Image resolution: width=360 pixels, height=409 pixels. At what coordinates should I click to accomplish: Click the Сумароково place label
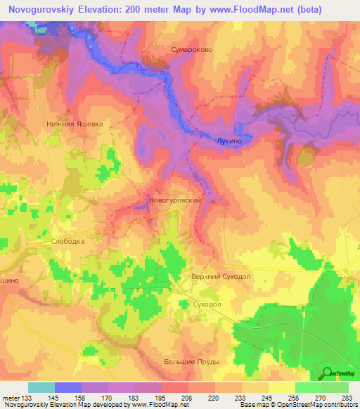(191, 51)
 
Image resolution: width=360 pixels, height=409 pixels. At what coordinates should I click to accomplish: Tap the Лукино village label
(230, 141)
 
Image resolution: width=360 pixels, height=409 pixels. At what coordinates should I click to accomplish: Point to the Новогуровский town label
(176, 200)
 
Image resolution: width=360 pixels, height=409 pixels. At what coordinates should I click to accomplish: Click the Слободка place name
(68, 241)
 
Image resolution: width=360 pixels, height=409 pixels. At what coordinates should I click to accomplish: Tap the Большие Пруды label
(193, 362)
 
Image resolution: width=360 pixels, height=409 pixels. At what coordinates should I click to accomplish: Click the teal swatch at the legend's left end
(41, 387)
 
